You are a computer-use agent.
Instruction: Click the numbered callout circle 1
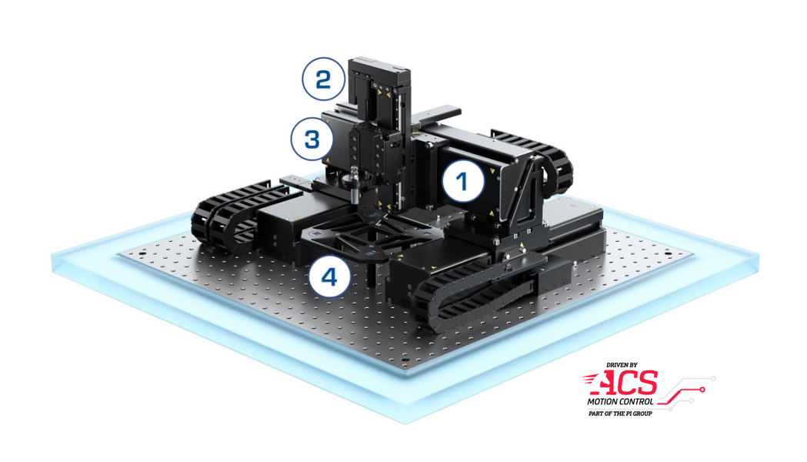tap(463, 181)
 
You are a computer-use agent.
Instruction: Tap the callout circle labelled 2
tap(323, 79)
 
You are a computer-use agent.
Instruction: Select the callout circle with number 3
tap(312, 139)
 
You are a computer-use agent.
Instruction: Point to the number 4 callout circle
tap(329, 278)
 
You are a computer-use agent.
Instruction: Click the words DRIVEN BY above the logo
tap(622, 365)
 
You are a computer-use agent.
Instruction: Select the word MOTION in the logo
tap(602, 401)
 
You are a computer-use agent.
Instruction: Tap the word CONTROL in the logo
tap(636, 401)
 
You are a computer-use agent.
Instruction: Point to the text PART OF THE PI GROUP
tap(620, 413)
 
